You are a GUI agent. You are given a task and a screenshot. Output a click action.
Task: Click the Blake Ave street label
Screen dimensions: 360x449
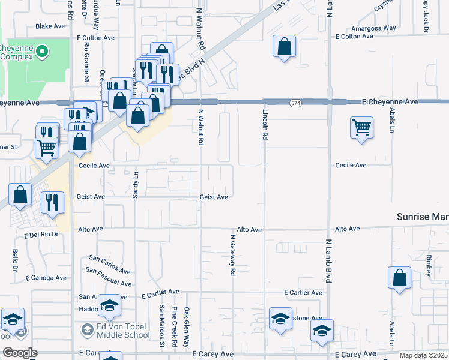(x=50, y=26)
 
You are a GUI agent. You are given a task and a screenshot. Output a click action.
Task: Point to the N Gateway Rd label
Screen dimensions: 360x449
(x=232, y=255)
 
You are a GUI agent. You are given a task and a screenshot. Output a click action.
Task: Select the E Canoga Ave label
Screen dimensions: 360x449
(x=46, y=278)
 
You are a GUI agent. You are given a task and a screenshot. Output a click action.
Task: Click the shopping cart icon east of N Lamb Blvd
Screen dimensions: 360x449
(x=361, y=128)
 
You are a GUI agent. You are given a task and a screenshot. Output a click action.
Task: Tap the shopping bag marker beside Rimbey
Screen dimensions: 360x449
(x=399, y=278)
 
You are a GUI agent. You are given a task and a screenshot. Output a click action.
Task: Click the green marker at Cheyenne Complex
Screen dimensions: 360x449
(x=42, y=52)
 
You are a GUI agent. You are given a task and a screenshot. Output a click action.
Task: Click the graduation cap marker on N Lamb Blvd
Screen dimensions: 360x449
(x=322, y=331)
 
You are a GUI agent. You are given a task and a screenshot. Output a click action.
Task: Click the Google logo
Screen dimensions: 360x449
(x=20, y=353)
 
